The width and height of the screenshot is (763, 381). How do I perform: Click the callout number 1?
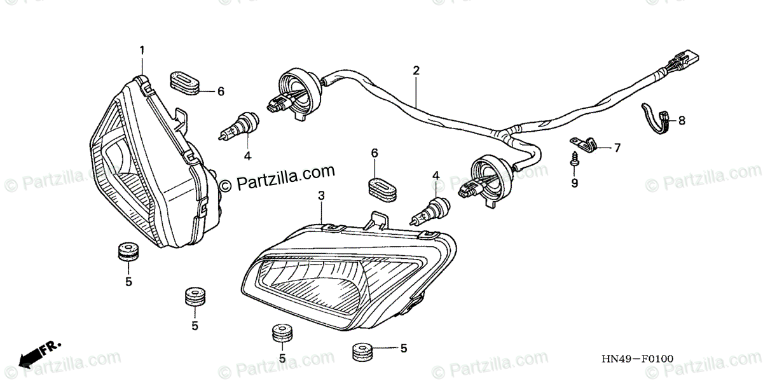tap(142, 50)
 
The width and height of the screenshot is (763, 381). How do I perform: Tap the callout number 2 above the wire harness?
tap(416, 71)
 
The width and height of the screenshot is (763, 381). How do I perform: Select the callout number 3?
tap(322, 197)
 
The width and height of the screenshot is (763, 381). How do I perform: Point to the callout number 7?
tap(616, 148)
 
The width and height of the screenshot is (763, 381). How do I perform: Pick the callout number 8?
tap(682, 120)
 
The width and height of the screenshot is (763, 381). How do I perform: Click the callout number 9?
tap(574, 183)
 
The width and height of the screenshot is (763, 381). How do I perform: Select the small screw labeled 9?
tap(574, 160)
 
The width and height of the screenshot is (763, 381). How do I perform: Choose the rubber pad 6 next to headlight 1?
tap(184, 83)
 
